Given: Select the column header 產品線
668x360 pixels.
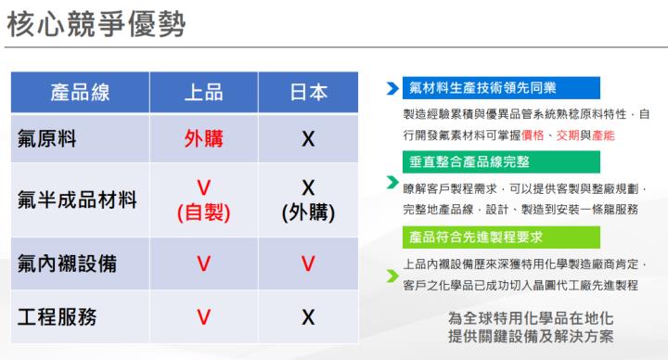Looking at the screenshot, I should pyautogui.click(x=80, y=92).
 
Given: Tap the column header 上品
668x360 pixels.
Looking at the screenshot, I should pyautogui.click(x=203, y=92).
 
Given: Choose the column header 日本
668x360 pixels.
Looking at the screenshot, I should pyautogui.click(x=309, y=92).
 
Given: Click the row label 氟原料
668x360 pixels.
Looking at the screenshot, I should pyautogui.click(x=46, y=139).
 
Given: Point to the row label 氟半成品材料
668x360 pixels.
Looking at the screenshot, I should pyautogui.click(x=77, y=199).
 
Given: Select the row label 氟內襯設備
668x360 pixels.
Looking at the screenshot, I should pyautogui.click(x=67, y=263).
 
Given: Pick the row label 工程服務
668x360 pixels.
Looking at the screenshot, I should pyautogui.click(x=57, y=316).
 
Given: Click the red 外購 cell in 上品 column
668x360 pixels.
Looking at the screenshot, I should pyautogui.click(x=203, y=139).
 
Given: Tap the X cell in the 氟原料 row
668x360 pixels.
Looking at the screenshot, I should pyautogui.click(x=309, y=139).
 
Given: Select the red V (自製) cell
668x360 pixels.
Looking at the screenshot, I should pyautogui.click(x=203, y=199).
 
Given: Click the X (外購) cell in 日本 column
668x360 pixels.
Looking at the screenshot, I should pyautogui.click(x=309, y=199).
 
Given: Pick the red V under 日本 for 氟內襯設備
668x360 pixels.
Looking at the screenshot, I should pyautogui.click(x=309, y=263).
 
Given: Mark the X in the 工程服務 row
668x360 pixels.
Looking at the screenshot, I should pyautogui.click(x=309, y=316).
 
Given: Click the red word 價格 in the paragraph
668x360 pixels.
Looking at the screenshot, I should pyautogui.click(x=533, y=135).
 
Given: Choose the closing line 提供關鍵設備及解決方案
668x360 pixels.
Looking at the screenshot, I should pyautogui.click(x=530, y=336).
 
